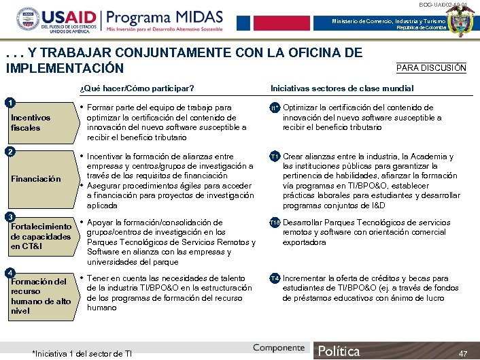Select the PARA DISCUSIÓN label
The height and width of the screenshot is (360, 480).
click(x=431, y=67)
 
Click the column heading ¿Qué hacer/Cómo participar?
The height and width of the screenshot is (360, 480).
click(x=137, y=88)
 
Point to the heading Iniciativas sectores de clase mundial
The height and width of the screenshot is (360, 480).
click(x=342, y=88)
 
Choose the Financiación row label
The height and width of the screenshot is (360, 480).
click(x=36, y=179)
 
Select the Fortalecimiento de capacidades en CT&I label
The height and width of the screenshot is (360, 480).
click(x=41, y=235)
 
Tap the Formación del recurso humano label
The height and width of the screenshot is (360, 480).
click(x=41, y=296)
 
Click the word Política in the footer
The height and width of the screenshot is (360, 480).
click(x=339, y=351)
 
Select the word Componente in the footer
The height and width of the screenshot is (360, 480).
click(x=279, y=348)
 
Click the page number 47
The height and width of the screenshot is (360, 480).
click(x=463, y=353)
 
